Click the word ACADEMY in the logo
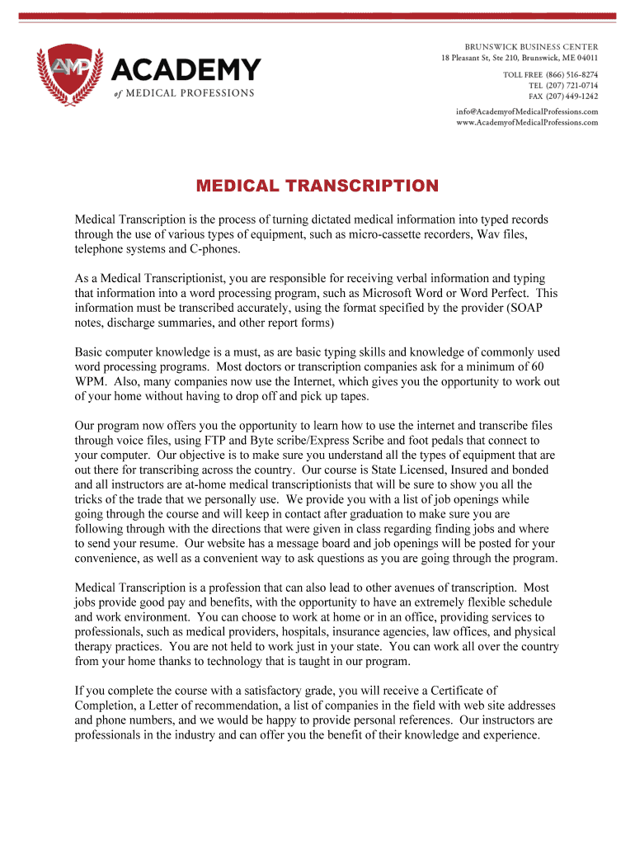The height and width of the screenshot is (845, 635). [x=186, y=68]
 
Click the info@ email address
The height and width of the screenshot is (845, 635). [x=527, y=111]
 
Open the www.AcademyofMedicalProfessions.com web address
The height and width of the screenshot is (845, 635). [x=527, y=122]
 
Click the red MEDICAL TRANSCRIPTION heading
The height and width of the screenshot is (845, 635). [x=317, y=186]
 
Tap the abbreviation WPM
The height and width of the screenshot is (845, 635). [x=90, y=380]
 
